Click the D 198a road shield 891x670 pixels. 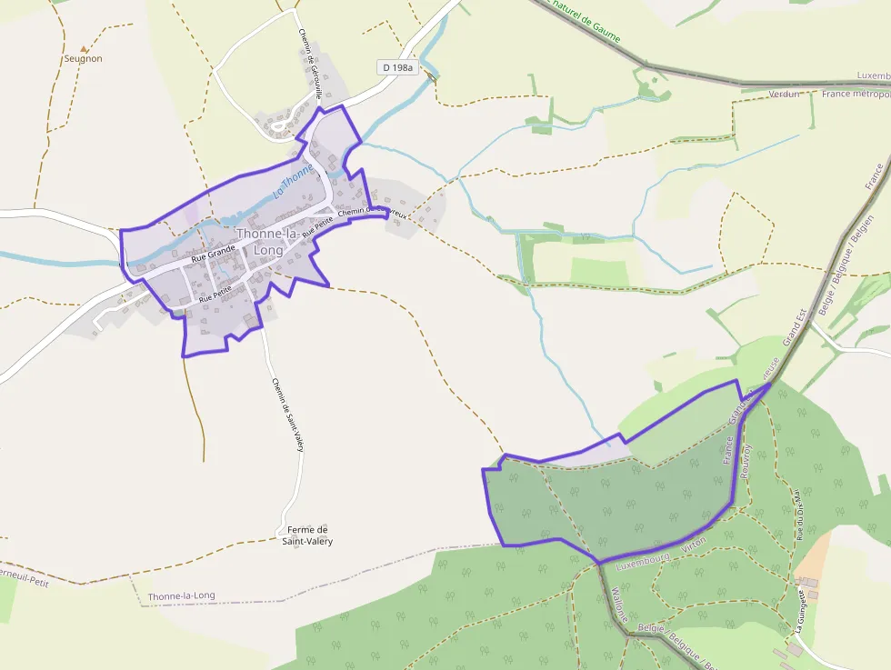pyautogui.click(x=397, y=67)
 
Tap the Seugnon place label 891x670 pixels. pyautogui.click(x=84, y=59)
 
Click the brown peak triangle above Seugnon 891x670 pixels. pyautogui.click(x=84, y=49)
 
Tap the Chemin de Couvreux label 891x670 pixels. pyautogui.click(x=371, y=211)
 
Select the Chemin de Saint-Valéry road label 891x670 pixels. pyautogui.click(x=286, y=415)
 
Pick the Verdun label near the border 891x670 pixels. pyautogui.click(x=785, y=94)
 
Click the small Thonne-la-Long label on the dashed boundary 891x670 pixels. pyautogui.click(x=182, y=596)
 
